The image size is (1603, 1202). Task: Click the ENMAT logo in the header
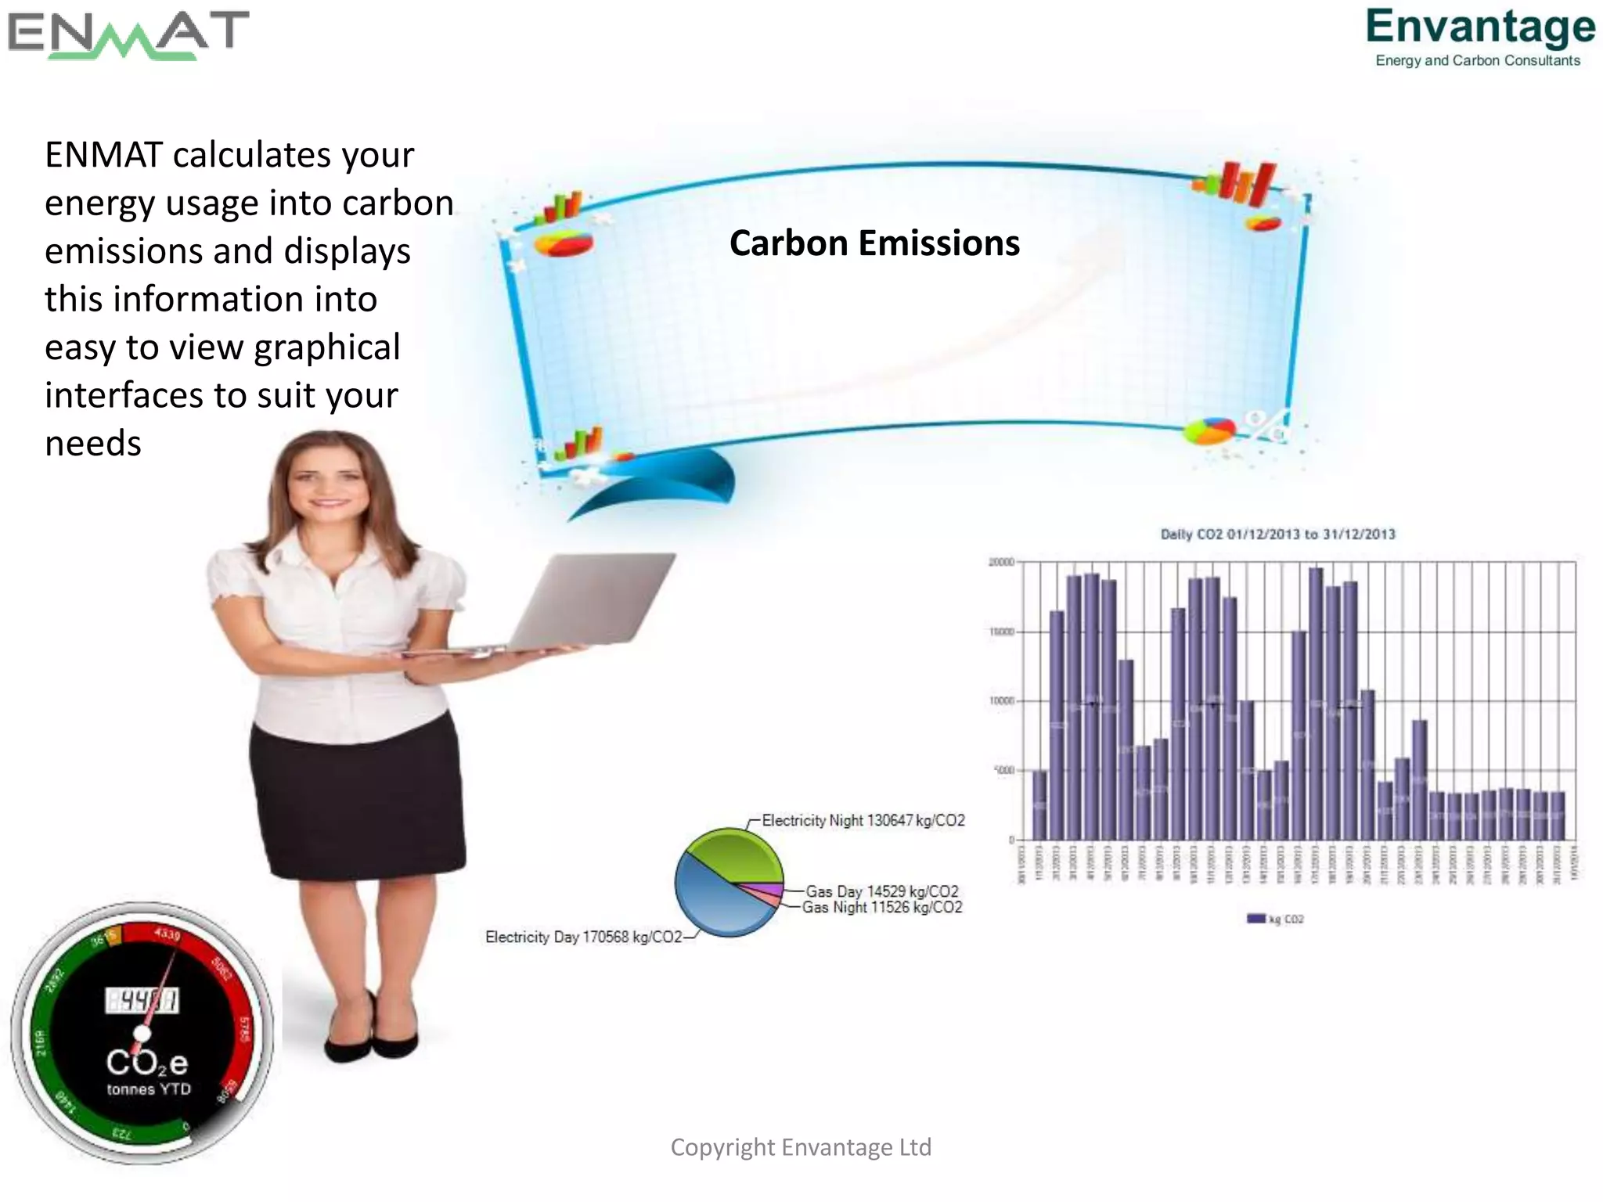point(128,34)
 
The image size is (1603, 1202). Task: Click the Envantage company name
point(1480,27)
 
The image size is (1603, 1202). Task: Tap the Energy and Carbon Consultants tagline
point(1478,61)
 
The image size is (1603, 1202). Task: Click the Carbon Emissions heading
point(874,243)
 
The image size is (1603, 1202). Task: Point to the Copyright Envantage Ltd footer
point(801,1147)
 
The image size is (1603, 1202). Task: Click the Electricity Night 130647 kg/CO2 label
point(863,820)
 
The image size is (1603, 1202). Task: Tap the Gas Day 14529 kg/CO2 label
point(881,891)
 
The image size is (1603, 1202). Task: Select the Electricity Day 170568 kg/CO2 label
point(583,937)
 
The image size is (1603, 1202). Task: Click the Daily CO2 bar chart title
point(1277,534)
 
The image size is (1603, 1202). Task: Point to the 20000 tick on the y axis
point(1001,562)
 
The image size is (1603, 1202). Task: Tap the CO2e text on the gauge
point(147,1063)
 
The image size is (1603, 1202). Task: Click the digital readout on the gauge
point(142,1000)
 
